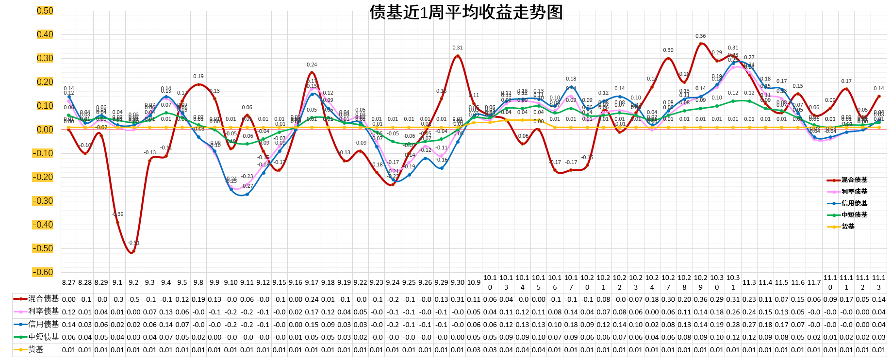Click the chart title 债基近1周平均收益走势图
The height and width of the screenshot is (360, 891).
point(466,12)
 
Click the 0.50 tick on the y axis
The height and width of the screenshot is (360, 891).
point(45,11)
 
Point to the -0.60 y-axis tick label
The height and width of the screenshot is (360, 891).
point(43,272)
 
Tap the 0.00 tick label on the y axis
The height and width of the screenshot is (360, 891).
point(45,130)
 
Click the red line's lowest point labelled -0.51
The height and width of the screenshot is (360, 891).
point(132,252)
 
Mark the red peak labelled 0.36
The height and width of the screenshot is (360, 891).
point(700,44)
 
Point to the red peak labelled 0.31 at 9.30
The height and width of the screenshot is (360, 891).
point(457,56)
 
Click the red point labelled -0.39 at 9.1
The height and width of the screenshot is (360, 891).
point(117,222)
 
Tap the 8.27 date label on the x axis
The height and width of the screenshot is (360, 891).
point(69,282)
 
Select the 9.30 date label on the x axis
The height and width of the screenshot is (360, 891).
point(457,282)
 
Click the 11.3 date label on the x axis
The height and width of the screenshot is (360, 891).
point(749,282)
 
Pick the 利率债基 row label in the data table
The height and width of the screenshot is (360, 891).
point(43,311)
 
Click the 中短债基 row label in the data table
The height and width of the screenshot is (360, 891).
point(43,337)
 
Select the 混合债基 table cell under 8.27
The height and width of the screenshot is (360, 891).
point(69,299)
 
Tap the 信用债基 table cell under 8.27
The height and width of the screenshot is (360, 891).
point(69,325)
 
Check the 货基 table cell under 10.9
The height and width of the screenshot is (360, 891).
point(474,350)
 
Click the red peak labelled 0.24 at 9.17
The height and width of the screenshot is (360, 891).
point(312,72)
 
